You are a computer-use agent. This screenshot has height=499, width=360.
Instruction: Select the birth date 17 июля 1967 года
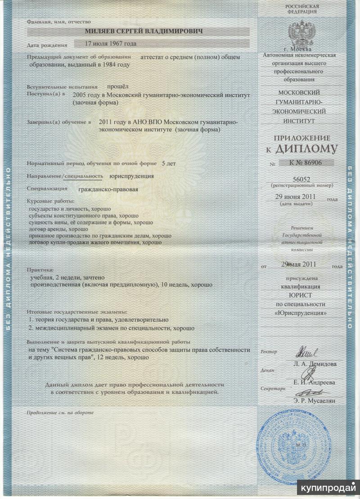click(x=111, y=44)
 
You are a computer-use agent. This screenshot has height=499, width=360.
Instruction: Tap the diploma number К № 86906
click(x=308, y=163)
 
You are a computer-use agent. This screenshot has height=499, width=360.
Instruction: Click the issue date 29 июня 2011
click(x=297, y=197)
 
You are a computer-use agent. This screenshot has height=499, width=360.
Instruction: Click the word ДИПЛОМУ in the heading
click(x=309, y=148)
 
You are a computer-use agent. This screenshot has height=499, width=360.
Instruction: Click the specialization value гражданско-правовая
click(x=108, y=189)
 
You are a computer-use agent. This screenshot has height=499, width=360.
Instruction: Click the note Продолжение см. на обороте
click(x=60, y=412)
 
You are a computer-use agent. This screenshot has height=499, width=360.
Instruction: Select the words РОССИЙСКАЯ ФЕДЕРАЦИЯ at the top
click(x=302, y=9)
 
